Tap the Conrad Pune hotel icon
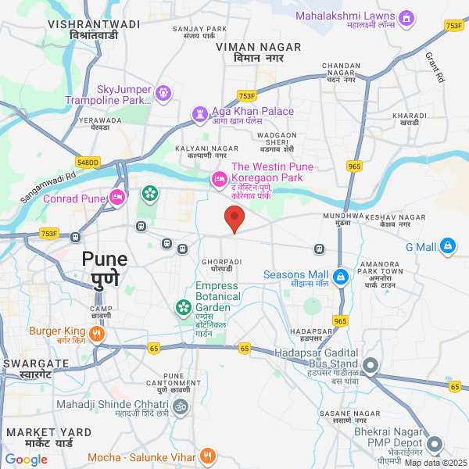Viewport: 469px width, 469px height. point(117,196)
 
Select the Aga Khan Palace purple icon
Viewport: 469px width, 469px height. point(200,116)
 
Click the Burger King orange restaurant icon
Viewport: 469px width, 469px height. point(97,335)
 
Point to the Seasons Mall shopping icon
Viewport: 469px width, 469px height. point(341,277)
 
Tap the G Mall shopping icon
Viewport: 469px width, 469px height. point(448,246)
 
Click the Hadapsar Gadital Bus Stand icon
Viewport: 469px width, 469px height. point(371,365)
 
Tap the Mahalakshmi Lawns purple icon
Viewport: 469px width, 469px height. point(406,17)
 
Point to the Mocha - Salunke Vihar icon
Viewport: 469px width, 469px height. point(207,456)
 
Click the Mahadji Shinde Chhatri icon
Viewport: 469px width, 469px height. point(181,406)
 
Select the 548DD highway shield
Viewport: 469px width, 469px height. point(88,162)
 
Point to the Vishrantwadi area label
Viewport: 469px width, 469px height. point(93,30)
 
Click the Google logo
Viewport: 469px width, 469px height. point(26,459)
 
